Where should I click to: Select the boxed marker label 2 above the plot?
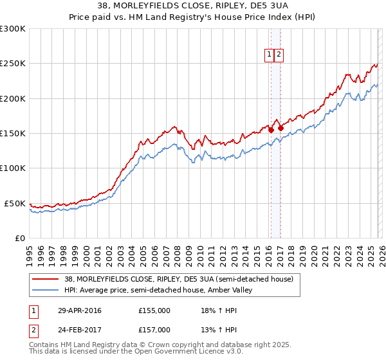(279, 55)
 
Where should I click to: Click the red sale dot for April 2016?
(271, 130)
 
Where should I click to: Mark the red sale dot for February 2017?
(280, 129)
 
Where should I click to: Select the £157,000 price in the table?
(154, 330)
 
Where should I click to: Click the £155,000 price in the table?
(154, 311)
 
